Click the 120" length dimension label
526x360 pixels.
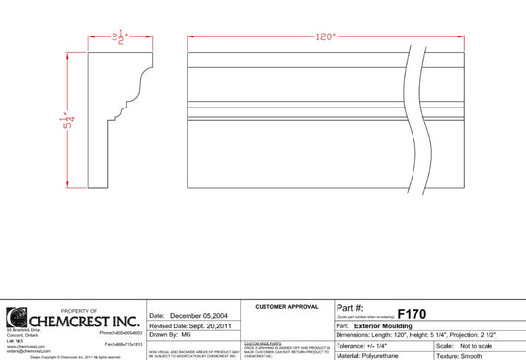pyautogui.click(x=325, y=38)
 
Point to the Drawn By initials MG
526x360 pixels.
pyautogui.click(x=187, y=334)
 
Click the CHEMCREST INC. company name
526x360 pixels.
pyautogui.click(x=83, y=321)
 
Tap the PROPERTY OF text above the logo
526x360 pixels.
pyautogui.click(x=78, y=309)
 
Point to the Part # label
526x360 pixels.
pyautogui.click(x=351, y=308)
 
